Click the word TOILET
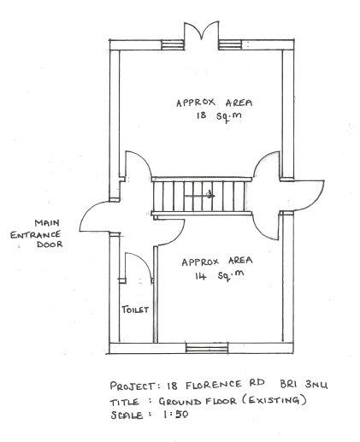(x=135, y=309)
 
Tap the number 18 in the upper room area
(x=202, y=115)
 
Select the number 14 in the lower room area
(x=201, y=275)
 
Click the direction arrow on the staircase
(x=199, y=196)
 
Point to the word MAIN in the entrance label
(x=47, y=222)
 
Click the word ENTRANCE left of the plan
(x=36, y=234)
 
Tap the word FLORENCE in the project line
(x=214, y=385)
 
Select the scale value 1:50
(x=176, y=414)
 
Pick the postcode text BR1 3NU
(x=304, y=384)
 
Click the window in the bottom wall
(x=207, y=348)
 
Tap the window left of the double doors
(x=173, y=45)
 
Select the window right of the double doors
(x=230, y=44)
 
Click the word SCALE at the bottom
(x=127, y=415)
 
